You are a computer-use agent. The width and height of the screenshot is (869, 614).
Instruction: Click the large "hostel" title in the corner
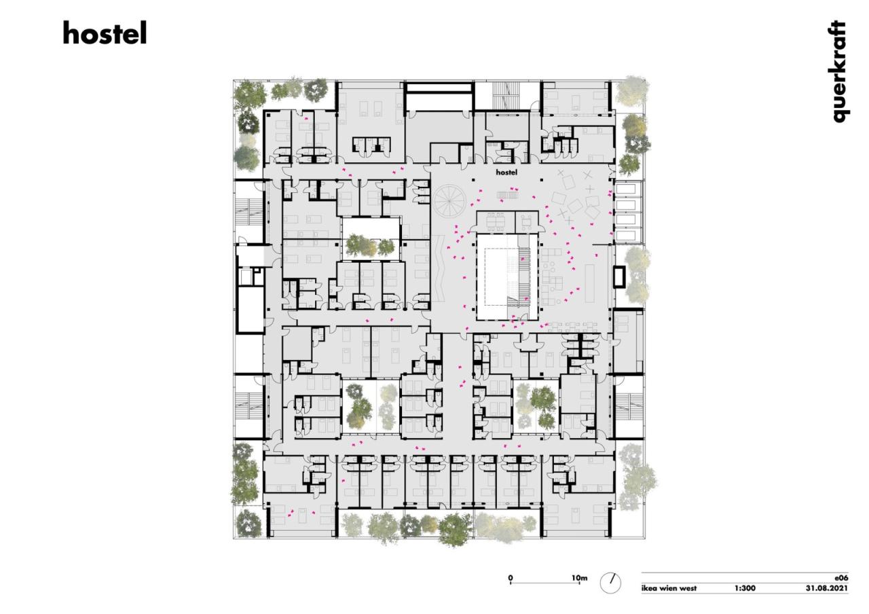point(105,33)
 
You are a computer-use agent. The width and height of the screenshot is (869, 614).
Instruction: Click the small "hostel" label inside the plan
point(506,173)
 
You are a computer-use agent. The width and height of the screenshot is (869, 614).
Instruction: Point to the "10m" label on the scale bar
point(579,578)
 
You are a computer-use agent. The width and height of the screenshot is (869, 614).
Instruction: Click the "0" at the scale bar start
point(511,578)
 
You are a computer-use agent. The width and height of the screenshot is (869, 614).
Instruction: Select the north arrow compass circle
point(610,583)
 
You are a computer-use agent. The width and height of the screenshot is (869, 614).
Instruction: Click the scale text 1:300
point(745,588)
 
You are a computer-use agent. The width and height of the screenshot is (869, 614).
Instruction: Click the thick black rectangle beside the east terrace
point(619,276)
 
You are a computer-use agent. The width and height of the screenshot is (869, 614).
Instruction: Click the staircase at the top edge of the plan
point(503,94)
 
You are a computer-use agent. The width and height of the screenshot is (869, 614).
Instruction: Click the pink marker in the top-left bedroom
point(306,120)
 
